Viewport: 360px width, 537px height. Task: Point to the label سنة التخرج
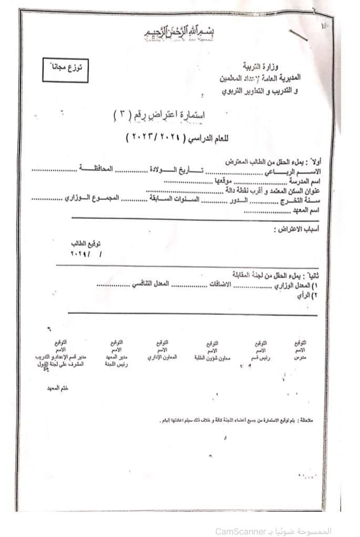click(x=300, y=201)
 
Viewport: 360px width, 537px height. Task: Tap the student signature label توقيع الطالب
click(x=86, y=244)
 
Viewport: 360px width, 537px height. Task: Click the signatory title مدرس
click(x=300, y=357)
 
